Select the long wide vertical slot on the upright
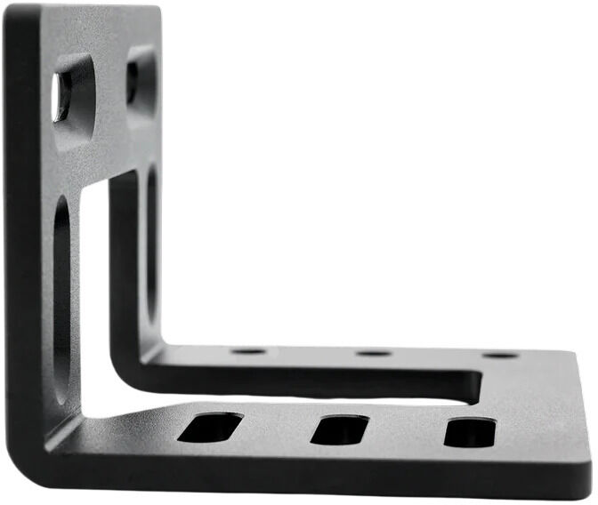(62, 293)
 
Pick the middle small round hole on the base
(374, 353)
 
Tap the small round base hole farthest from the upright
(500, 356)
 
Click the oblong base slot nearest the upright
(210, 428)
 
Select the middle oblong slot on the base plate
(339, 430)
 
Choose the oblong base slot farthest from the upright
(470, 432)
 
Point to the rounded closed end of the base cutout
(476, 384)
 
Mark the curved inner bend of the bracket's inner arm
(133, 356)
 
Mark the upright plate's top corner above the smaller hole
(153, 11)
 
